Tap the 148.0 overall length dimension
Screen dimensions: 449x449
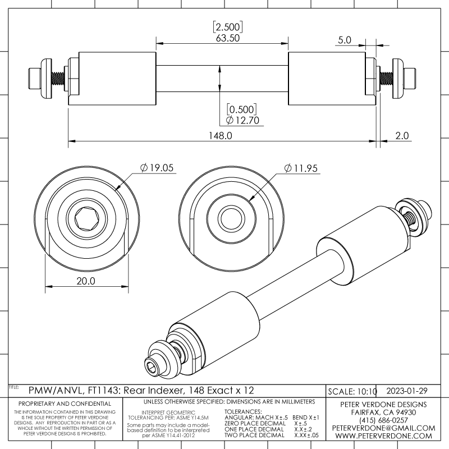(221, 135)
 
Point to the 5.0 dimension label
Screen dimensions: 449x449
(345, 40)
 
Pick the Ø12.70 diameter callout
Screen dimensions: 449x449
(242, 120)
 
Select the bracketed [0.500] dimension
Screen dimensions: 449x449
(242, 108)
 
